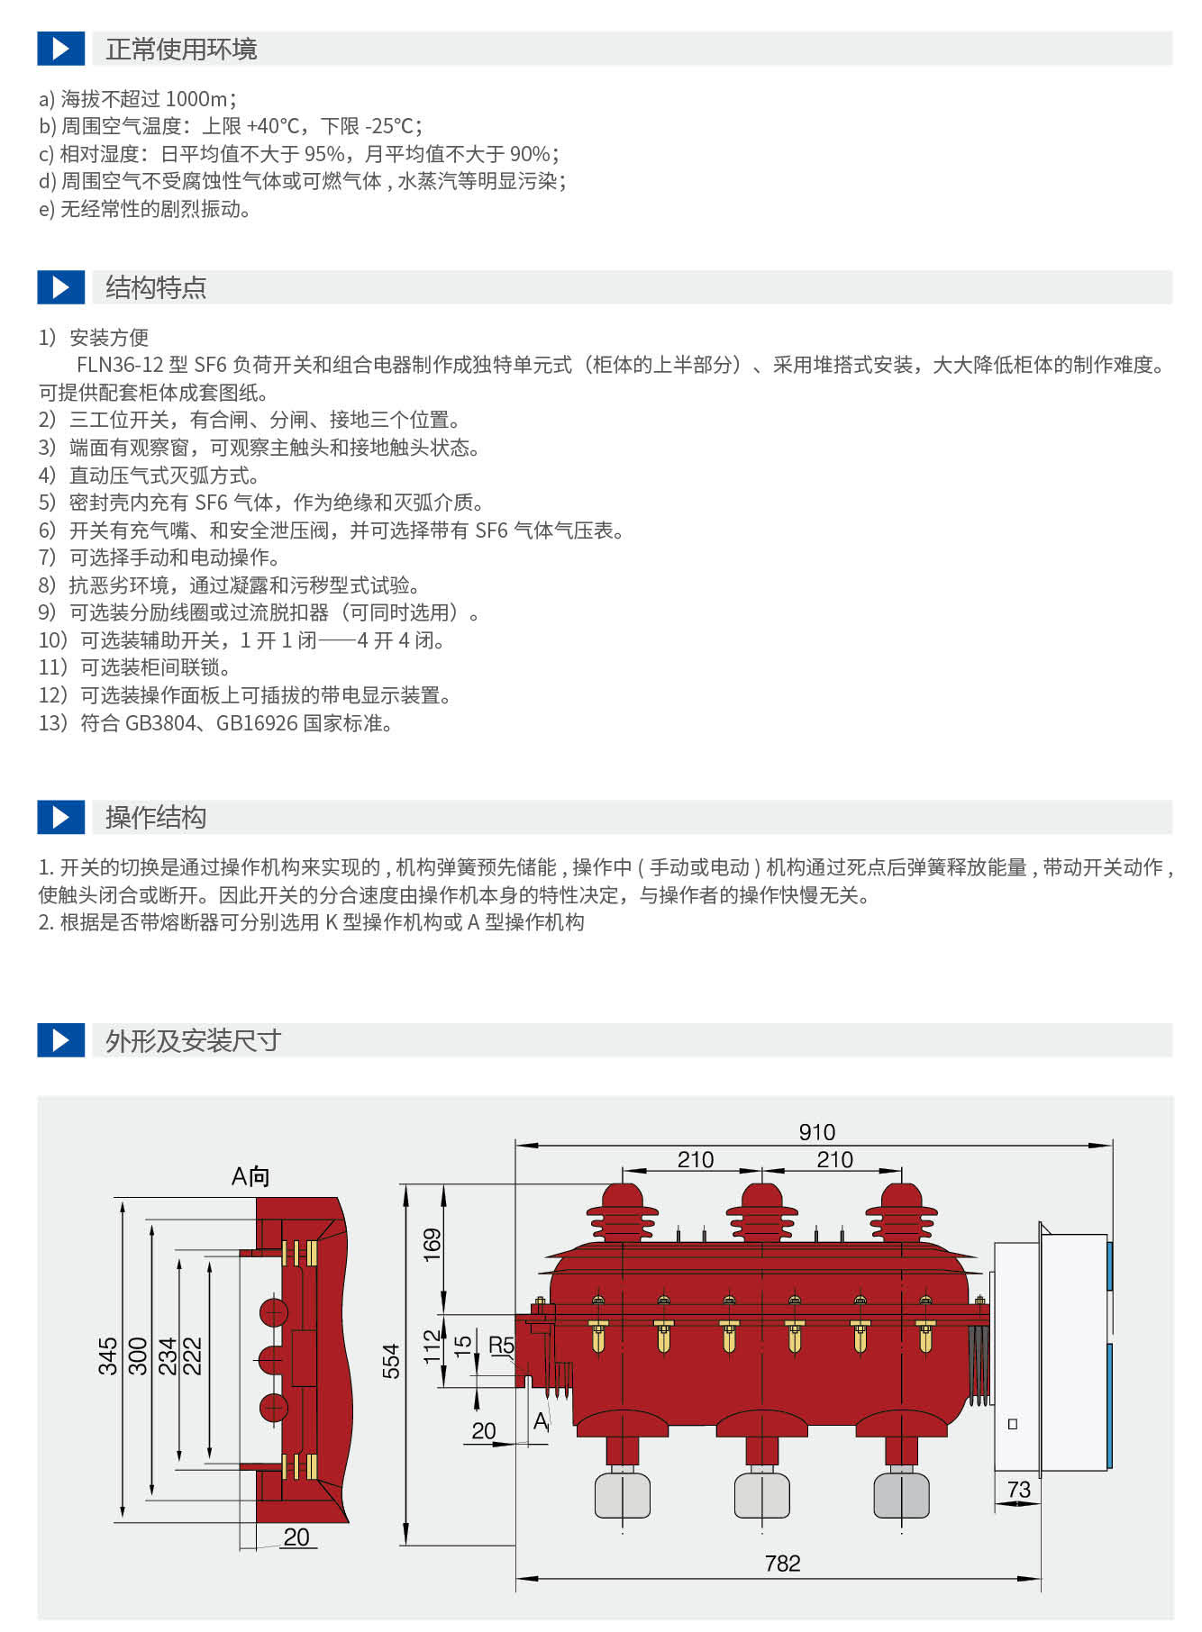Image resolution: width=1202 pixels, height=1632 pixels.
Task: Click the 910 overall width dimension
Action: (x=816, y=1131)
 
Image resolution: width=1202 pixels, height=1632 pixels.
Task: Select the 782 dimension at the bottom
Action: (x=782, y=1563)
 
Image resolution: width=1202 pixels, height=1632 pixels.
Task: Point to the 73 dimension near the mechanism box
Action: (x=1018, y=1489)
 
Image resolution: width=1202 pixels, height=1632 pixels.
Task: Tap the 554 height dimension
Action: (x=391, y=1361)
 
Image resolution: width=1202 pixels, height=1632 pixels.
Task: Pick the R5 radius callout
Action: (x=501, y=1345)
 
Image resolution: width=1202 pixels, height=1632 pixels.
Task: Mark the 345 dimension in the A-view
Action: (x=108, y=1355)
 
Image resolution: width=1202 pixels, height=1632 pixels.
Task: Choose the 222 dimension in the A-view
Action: (x=193, y=1355)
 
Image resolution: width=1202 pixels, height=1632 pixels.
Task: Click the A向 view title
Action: (x=250, y=1176)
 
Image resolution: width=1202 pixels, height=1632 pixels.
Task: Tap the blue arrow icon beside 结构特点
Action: (x=61, y=287)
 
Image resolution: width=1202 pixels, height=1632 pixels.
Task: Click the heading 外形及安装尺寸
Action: (x=193, y=1040)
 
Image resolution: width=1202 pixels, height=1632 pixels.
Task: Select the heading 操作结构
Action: (x=156, y=817)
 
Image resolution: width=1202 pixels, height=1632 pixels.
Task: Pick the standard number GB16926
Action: (x=256, y=722)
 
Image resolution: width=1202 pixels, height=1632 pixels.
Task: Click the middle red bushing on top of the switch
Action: (x=761, y=1211)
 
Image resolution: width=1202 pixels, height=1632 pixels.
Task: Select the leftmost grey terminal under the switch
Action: (x=622, y=1495)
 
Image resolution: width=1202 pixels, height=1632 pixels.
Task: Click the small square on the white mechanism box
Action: (x=1013, y=1424)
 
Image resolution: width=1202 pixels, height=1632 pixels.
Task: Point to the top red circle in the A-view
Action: (x=273, y=1312)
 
